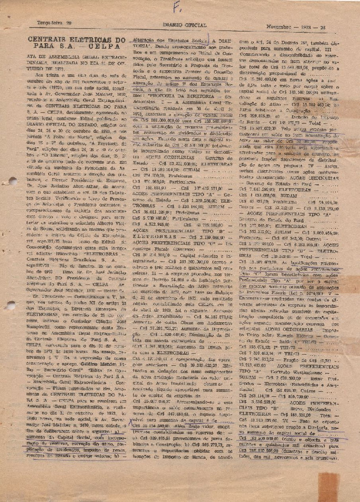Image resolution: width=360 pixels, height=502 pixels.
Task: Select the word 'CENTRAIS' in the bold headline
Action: point(46,39)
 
